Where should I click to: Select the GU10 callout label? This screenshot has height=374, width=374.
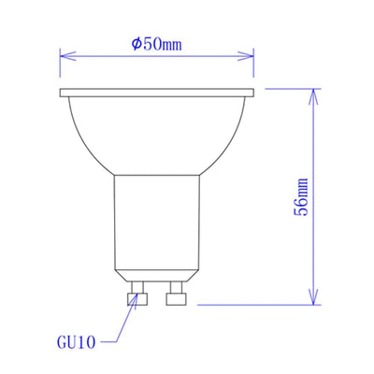coord(76,342)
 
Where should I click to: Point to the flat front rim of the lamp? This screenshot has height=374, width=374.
coord(157,93)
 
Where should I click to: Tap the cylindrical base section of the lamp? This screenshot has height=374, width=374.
coord(157,224)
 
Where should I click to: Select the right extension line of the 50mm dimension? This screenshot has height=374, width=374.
coord(255,65)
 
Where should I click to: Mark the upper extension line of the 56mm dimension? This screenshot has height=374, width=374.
coord(290,89)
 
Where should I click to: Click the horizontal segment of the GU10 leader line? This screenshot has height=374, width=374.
coord(110,342)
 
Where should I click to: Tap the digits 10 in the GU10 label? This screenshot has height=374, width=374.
coord(85,342)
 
